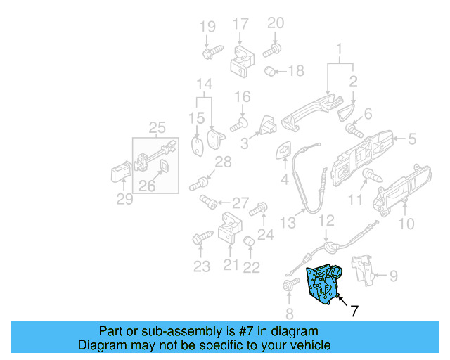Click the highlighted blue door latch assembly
[x=323, y=284]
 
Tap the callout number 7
[x=354, y=310]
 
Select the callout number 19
[x=207, y=27]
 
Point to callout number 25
[x=157, y=127]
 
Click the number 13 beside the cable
[x=288, y=223]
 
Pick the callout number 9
[x=393, y=276]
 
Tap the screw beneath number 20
[x=272, y=50]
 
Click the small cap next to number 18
[x=269, y=71]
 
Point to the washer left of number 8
[x=288, y=285]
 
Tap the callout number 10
[x=406, y=224]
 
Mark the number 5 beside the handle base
[x=412, y=139]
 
